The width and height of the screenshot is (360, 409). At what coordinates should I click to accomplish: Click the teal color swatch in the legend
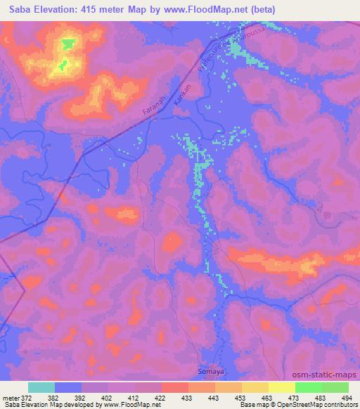tap(41, 388)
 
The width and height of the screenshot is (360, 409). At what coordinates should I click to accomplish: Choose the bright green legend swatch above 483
tap(308, 388)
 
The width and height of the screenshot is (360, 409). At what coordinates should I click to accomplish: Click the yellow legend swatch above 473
tap(281, 388)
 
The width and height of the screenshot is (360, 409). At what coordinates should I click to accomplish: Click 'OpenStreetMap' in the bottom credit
tap(303, 405)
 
